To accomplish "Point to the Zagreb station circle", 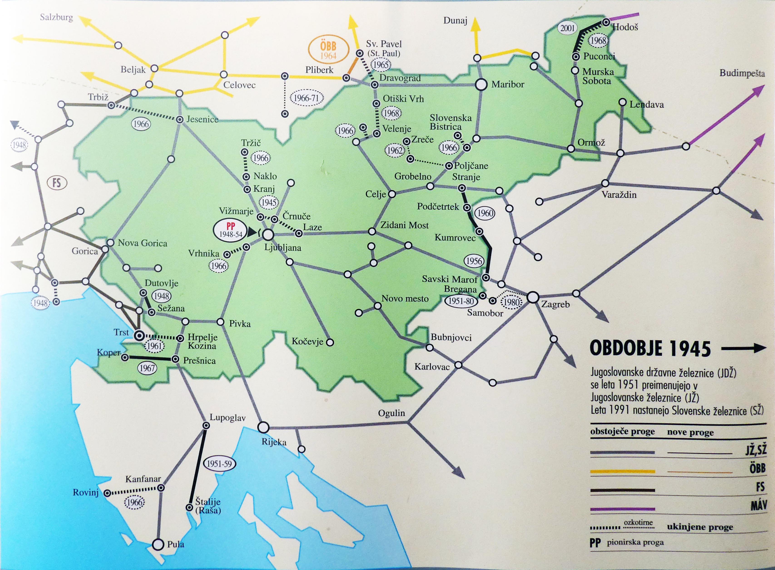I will [x=533, y=297].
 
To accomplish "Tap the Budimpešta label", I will [x=742, y=73].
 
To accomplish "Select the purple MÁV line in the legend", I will [x=622, y=509].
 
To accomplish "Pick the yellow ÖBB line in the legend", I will [x=622, y=471].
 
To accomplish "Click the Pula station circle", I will [x=158, y=544].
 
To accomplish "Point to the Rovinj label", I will [x=86, y=492].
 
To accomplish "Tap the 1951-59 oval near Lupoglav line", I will [x=219, y=464].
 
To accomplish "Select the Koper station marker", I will [x=125, y=357].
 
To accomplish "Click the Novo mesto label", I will [x=405, y=299].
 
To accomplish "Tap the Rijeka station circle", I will [x=263, y=427].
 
